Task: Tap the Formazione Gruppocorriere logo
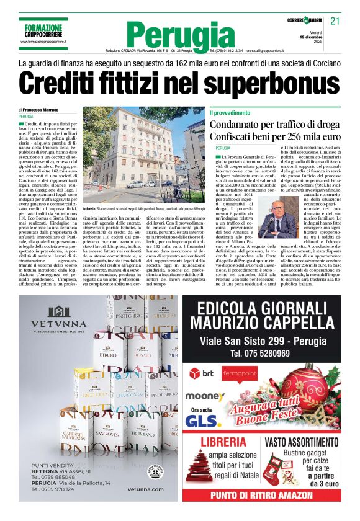(x=44, y=30)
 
